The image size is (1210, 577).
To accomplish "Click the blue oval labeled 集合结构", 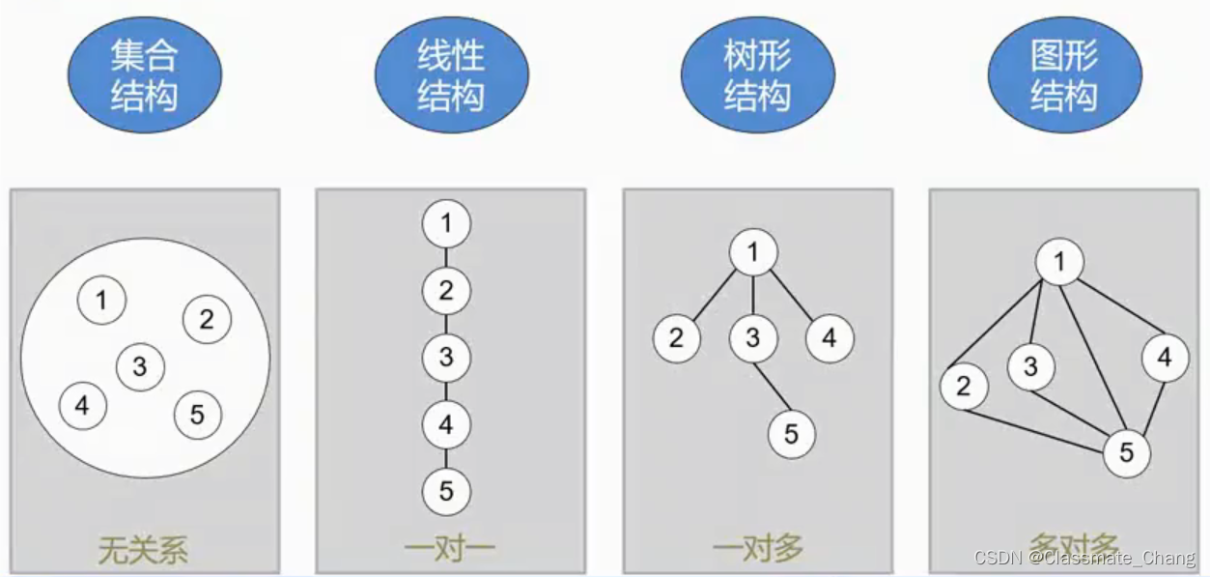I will [145, 75].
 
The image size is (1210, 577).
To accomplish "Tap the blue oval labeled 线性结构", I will [451, 75].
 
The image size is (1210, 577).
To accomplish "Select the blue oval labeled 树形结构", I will [757, 75].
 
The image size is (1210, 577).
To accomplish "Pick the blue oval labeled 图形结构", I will [1064, 75].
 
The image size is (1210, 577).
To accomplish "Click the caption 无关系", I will [143, 549].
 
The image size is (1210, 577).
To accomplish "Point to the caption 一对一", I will [450, 549].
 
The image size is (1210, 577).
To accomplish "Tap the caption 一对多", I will [757, 549].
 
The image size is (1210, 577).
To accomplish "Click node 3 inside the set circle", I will [140, 367].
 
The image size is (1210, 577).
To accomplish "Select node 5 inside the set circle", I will [197, 416].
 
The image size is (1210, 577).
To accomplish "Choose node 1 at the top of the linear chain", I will [446, 224].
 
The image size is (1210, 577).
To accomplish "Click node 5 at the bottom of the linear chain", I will [446, 491].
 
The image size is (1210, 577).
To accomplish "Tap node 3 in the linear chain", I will [446, 358].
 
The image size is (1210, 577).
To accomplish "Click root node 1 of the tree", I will [753, 253].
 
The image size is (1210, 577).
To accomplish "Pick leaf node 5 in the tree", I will [792, 435].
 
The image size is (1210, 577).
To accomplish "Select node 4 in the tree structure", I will [830, 338].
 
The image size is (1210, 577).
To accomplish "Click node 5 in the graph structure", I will [1126, 452].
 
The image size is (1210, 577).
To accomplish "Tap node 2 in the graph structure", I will [964, 387].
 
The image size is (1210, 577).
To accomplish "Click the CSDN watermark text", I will [1084, 559].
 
